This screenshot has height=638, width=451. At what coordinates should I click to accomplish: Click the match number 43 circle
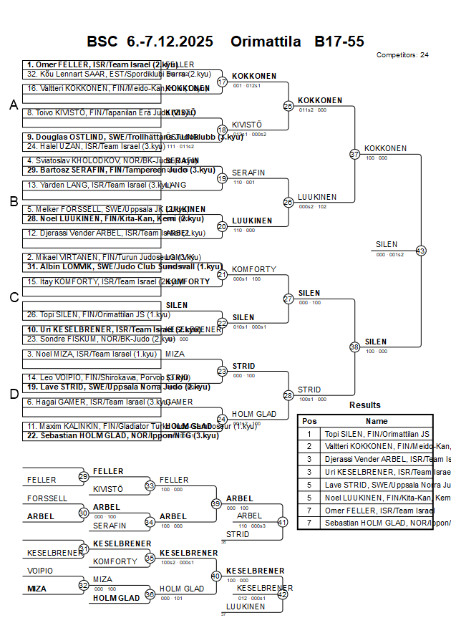point(421,251)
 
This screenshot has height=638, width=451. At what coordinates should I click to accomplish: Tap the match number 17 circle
point(222,82)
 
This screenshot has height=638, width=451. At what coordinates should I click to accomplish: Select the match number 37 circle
point(354,154)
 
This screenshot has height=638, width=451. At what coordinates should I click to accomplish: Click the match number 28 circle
point(288,395)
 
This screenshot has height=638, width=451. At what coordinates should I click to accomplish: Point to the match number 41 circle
point(282,522)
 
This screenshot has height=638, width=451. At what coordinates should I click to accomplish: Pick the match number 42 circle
point(282,594)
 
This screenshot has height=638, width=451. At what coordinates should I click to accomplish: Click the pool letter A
point(14,105)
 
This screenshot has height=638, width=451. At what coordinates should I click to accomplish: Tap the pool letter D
point(14,393)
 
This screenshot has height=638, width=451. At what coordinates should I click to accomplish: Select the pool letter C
point(14,297)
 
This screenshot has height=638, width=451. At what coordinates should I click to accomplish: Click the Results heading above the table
point(365,405)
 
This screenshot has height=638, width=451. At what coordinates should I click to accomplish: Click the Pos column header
point(309,421)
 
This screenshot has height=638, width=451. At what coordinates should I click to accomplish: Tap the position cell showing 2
point(309,446)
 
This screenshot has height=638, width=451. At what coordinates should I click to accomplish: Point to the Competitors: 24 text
point(402,54)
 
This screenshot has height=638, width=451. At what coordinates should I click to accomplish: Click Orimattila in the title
point(266,42)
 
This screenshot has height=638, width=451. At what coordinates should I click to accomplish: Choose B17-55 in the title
point(339,42)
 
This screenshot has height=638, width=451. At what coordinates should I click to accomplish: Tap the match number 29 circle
point(84,477)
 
